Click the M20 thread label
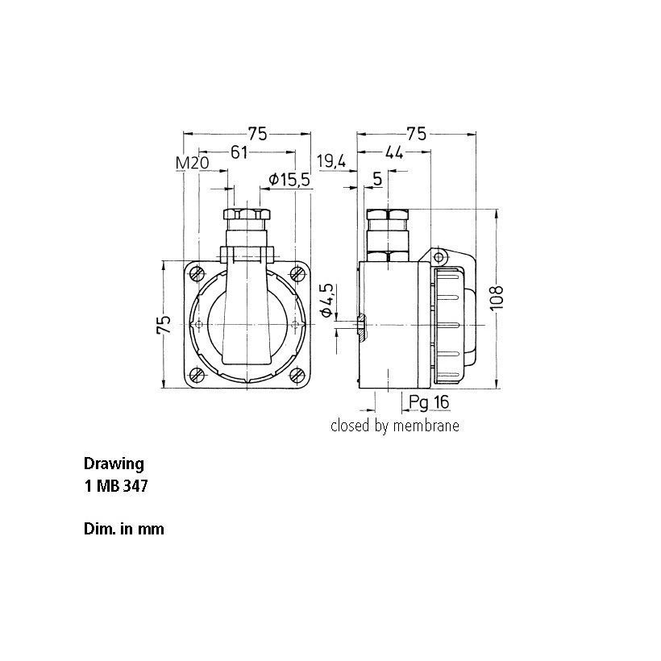coord(192,162)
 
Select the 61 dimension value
coord(239,152)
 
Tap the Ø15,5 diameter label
coord(289,180)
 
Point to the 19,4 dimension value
coord(332,160)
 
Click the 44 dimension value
coord(394,152)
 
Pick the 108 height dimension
coord(497,297)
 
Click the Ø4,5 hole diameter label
coord(327,300)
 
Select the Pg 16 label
coord(429,402)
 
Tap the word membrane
coord(426,426)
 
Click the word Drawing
coord(114,464)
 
